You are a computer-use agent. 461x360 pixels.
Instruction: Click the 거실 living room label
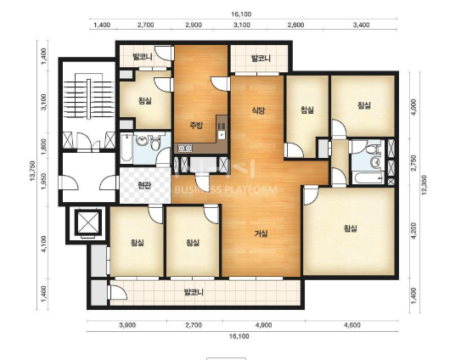[261, 233]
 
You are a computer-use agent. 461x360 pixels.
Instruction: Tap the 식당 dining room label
[258, 110]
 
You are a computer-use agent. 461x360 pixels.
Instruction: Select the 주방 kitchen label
[196, 126]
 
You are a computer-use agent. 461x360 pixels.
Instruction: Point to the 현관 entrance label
[144, 185]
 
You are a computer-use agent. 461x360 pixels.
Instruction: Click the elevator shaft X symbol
[88, 222]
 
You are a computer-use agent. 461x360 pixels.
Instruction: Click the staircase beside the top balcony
[89, 96]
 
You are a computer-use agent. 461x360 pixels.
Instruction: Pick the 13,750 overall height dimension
[32, 171]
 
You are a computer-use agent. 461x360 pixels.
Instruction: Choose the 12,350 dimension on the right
[424, 186]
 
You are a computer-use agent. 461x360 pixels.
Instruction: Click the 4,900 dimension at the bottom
[263, 325]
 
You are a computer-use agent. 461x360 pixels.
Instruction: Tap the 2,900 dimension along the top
[194, 25]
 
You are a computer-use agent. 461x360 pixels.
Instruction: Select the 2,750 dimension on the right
[414, 163]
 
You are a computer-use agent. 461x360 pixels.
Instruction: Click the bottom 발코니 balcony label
[194, 292]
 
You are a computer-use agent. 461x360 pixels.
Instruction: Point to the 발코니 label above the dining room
[261, 59]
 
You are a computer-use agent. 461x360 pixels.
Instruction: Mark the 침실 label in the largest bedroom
[351, 228]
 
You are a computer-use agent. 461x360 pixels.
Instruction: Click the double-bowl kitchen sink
[185, 148]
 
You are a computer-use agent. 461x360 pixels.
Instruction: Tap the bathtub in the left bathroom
[126, 148]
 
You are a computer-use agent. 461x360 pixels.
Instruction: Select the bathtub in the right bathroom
[368, 178]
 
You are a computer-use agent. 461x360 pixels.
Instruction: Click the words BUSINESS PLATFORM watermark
[226, 189]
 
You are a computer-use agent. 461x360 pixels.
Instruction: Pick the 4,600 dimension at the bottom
[352, 325]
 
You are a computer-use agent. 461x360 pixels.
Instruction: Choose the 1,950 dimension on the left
[44, 181]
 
